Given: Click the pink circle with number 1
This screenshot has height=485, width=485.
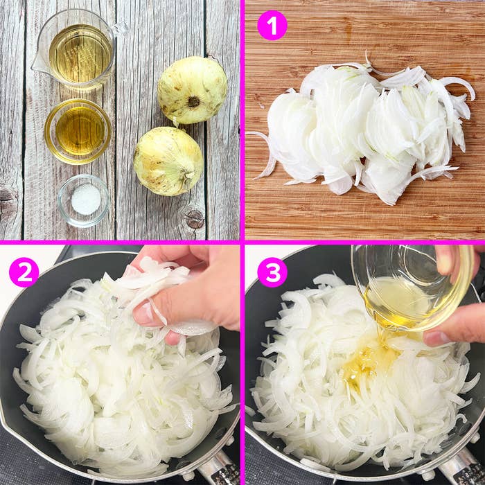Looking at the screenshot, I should click(x=272, y=26).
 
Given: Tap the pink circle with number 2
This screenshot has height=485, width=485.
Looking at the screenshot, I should click(x=24, y=272).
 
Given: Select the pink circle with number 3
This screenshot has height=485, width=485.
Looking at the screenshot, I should click(x=272, y=272).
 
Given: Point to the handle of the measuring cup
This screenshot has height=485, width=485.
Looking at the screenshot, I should click(x=118, y=28).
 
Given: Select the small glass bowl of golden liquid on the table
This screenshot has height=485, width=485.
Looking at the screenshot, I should click(x=78, y=131).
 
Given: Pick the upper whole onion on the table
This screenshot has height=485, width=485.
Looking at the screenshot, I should click(x=192, y=90).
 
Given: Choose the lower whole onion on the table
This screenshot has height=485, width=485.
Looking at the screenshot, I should click(x=168, y=161).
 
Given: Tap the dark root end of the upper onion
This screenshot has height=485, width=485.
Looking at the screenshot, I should click(x=193, y=102).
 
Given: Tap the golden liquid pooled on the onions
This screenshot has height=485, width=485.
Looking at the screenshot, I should click(x=367, y=360).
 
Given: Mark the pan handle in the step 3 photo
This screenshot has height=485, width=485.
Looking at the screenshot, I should click(x=461, y=468).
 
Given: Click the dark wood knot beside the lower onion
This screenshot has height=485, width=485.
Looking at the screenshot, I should click(x=194, y=219).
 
